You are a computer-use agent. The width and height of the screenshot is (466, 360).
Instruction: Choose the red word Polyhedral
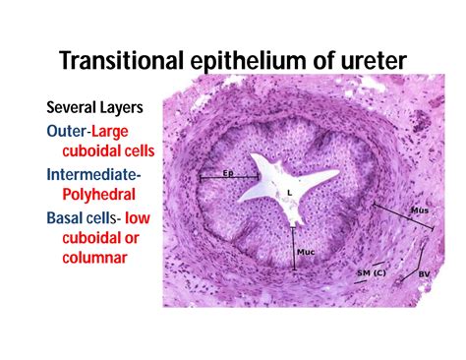coord(102,196)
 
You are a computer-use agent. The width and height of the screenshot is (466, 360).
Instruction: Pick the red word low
coord(153,217)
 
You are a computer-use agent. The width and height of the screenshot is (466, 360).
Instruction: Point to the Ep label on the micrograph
coord(227,173)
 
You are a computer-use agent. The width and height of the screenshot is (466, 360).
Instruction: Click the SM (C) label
coord(371,271)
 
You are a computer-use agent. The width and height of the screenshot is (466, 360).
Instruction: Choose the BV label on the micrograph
coord(424,273)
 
